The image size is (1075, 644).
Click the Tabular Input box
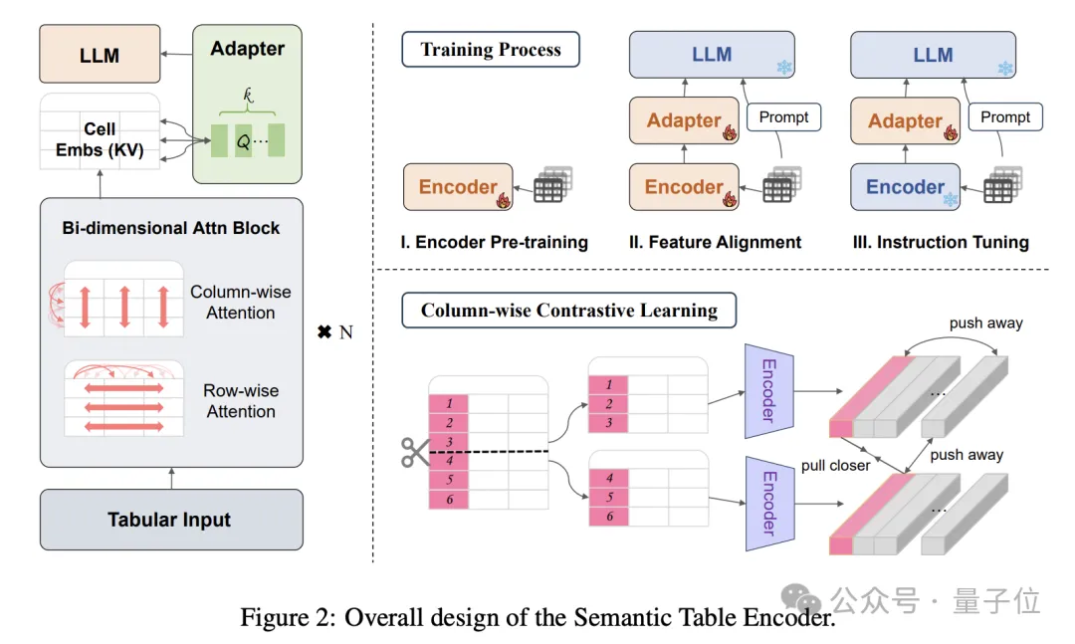170,520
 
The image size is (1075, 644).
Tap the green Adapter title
248,49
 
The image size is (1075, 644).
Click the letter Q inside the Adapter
242,141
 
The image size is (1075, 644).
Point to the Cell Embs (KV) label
100,138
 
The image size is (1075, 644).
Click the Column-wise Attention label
240,303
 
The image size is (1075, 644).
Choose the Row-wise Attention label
240,401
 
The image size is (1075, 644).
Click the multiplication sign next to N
323,331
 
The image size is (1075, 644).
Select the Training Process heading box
490,49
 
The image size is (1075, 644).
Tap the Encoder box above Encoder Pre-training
459,187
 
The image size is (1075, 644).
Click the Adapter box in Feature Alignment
684,120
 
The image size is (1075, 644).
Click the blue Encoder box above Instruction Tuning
906,187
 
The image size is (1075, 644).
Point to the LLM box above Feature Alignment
712,55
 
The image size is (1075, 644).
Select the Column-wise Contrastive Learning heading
568,311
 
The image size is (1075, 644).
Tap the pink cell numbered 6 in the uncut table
449,499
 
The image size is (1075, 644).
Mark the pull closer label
836,465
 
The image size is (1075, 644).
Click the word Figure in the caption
274,617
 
